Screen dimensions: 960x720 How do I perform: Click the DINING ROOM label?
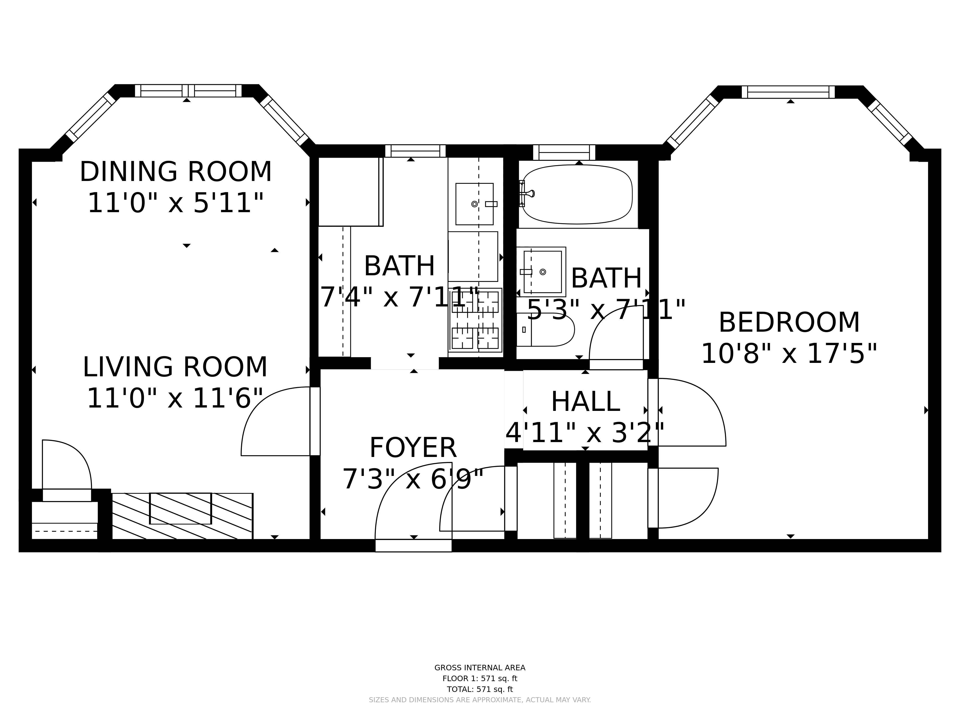[x=176, y=172]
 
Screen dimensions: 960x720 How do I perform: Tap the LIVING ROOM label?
[x=175, y=367]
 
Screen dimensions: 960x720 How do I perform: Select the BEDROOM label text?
[x=789, y=323]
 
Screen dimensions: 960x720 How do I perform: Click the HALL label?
[x=585, y=402]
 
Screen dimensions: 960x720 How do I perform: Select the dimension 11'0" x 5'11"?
[x=176, y=203]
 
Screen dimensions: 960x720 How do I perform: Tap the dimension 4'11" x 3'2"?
[x=585, y=433]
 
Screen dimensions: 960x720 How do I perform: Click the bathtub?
[x=577, y=194]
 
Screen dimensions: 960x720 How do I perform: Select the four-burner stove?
[x=475, y=320]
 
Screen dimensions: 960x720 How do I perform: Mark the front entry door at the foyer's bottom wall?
[x=414, y=546]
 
